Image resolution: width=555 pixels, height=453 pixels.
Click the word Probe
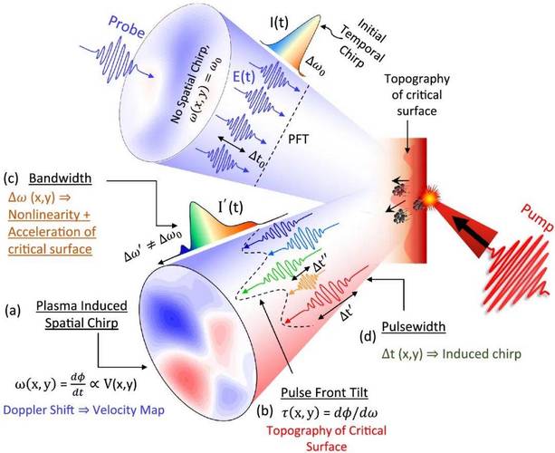coord(126,26)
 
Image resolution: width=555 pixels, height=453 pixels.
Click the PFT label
coord(298,140)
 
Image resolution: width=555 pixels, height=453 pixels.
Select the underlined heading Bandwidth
coord(60,178)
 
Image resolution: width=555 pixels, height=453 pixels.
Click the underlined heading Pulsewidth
coord(414,326)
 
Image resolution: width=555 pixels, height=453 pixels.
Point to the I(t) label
coord(279,23)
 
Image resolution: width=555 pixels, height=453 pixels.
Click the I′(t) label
coord(231,207)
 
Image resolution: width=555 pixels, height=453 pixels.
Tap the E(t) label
coord(244,77)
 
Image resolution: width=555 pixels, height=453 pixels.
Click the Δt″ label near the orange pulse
coord(322,266)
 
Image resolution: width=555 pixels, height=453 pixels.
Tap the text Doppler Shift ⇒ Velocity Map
coord(84,410)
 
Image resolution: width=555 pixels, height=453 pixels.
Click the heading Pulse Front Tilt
coord(324,392)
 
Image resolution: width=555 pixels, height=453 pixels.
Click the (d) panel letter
coord(367,336)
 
